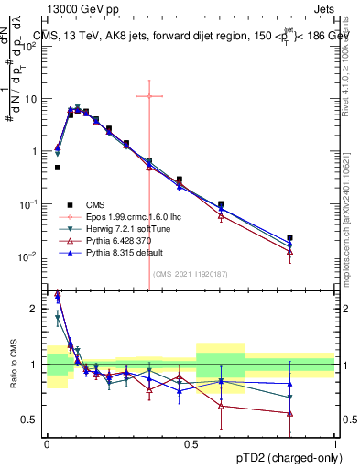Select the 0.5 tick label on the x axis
pyautogui.click(x=191, y=443)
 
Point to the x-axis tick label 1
pyautogui.click(x=335, y=443)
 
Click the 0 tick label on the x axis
pyautogui.click(x=47, y=443)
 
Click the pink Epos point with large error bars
pyautogui.click(x=148, y=95)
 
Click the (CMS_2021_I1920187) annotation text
pyautogui.click(x=191, y=273)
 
